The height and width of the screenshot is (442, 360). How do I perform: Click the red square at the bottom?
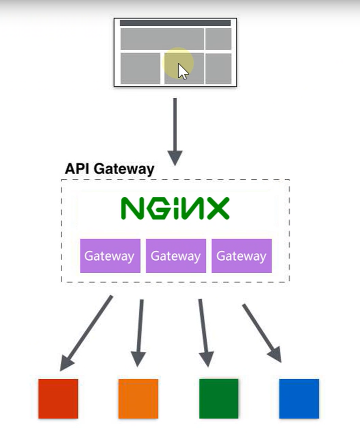click(58, 398)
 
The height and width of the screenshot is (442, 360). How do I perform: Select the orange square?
click(138, 398)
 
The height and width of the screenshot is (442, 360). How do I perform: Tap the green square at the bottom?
click(218, 398)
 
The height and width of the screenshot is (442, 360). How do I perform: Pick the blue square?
click(299, 398)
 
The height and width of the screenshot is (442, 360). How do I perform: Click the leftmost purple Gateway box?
click(110, 256)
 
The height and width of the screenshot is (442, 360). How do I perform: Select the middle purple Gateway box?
click(176, 256)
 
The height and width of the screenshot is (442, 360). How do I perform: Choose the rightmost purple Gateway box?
click(241, 256)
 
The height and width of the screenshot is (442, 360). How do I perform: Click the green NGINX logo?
click(175, 209)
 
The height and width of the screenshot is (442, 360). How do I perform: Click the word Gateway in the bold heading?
click(124, 169)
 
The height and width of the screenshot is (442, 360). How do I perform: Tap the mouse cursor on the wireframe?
click(182, 71)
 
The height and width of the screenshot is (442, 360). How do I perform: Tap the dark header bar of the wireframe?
click(175, 23)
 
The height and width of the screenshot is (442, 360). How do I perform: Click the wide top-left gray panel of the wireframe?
click(162, 39)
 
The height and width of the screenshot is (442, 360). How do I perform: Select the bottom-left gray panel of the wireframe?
click(140, 68)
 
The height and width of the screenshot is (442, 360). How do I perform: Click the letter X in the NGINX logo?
click(217, 209)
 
